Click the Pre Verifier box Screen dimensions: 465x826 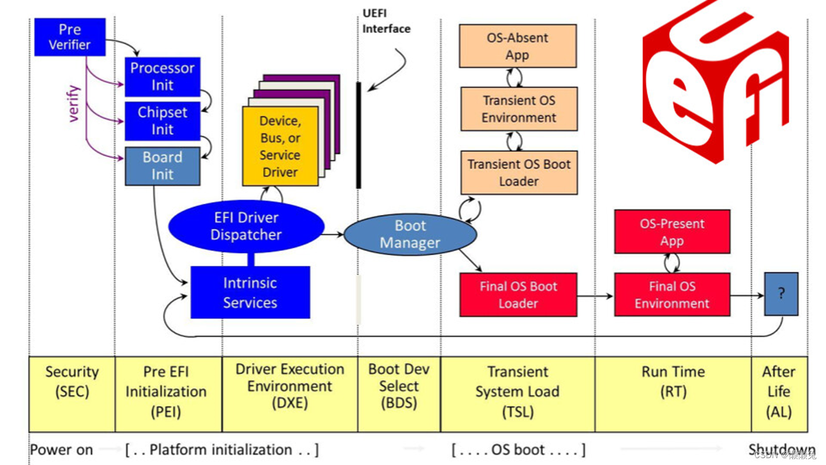(x=69, y=37)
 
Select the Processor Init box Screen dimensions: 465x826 (x=162, y=77)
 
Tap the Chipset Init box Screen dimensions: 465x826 (x=162, y=121)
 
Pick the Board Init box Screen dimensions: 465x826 (x=162, y=166)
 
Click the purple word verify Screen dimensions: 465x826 (x=74, y=103)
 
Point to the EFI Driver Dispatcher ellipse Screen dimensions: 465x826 (x=246, y=226)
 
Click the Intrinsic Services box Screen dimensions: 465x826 (x=250, y=292)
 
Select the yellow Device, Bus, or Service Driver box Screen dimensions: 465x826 (x=280, y=146)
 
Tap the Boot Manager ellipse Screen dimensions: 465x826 (x=410, y=234)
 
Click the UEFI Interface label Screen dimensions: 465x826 (x=387, y=21)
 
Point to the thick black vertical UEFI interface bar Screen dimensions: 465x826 (x=358, y=135)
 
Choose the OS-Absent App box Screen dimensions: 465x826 (x=517, y=46)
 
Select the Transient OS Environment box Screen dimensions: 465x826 (x=519, y=109)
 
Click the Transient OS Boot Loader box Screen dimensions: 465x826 (x=519, y=173)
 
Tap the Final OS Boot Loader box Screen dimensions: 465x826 (x=518, y=295)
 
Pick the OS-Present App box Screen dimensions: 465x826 (x=672, y=232)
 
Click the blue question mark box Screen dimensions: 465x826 (x=781, y=294)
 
